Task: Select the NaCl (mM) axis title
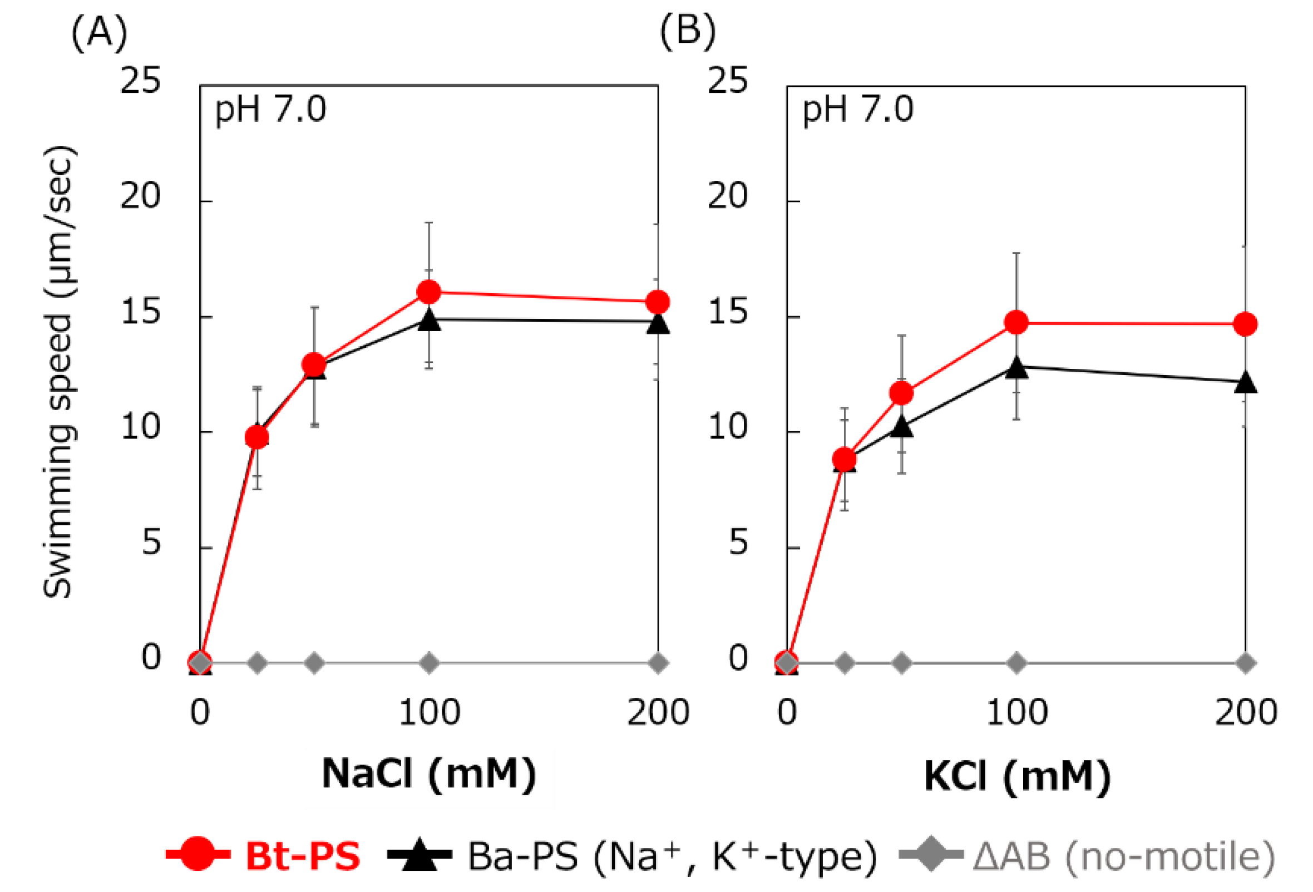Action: pyautogui.click(x=429, y=774)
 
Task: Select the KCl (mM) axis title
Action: pyautogui.click(x=1017, y=777)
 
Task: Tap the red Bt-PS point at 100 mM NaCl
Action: pyautogui.click(x=429, y=292)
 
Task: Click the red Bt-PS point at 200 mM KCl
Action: pyautogui.click(x=1245, y=324)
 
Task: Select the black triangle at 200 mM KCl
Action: pyautogui.click(x=1245, y=383)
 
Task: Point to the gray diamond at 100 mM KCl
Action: pyautogui.click(x=1016, y=662)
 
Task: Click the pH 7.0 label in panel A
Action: pyautogui.click(x=270, y=110)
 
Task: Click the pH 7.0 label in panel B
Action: pyautogui.click(x=858, y=110)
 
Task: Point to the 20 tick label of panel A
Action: pyautogui.click(x=140, y=196)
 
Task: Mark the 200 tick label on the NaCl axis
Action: pyautogui.click(x=658, y=713)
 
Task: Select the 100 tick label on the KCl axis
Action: pyautogui.click(x=1016, y=713)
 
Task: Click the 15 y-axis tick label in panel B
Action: pyautogui.click(x=728, y=312)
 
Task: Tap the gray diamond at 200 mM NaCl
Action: pyautogui.click(x=658, y=662)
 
